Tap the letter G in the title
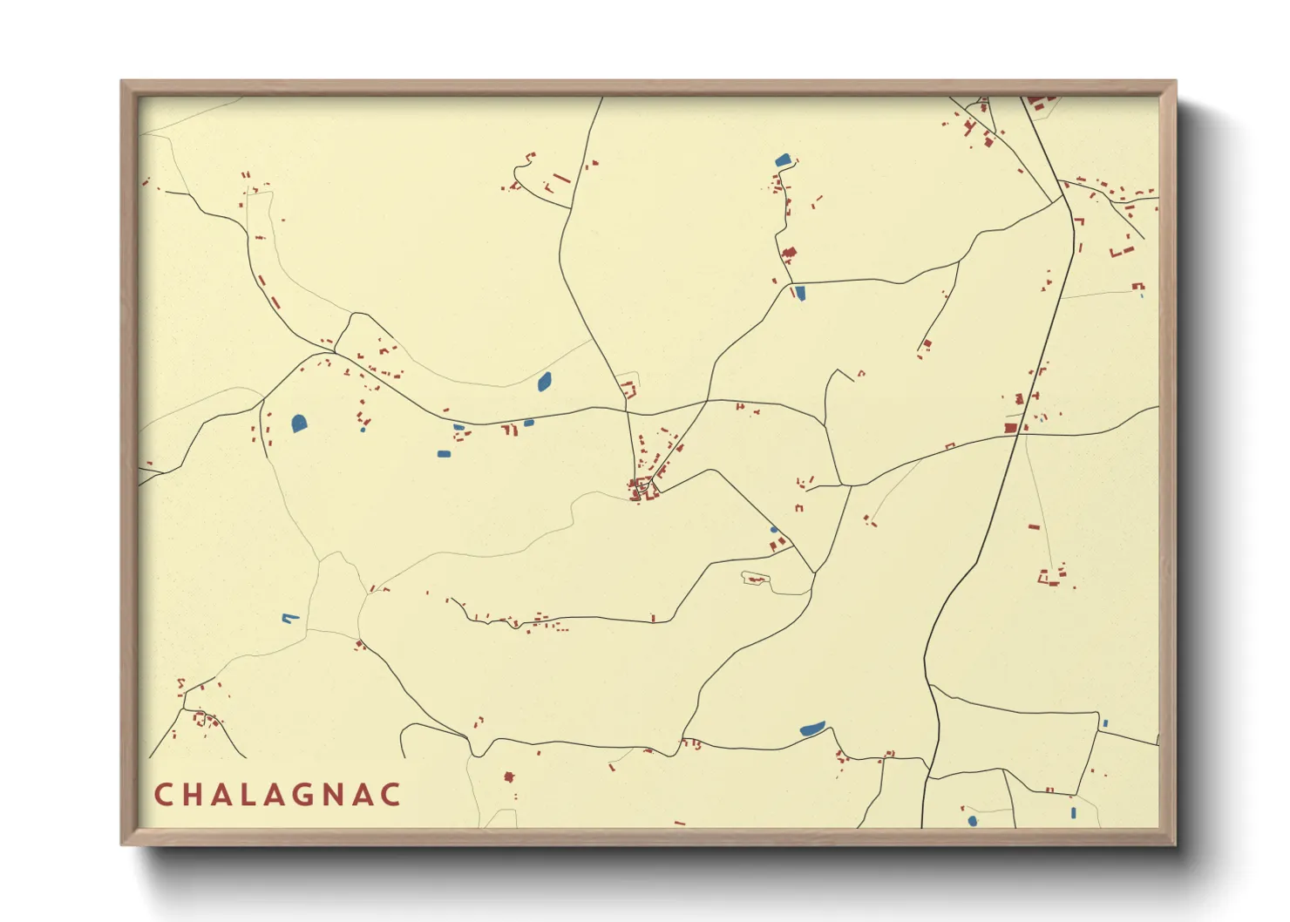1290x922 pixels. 307,795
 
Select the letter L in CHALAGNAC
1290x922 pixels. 250,795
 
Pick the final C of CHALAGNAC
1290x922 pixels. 391,795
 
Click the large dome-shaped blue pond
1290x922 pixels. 299,424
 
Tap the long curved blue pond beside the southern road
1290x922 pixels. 812,728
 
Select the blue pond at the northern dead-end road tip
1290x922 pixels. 783,159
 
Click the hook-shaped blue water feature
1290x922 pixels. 289,618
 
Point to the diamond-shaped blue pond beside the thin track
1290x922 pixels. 545,381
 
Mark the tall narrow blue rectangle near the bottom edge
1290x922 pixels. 1074,813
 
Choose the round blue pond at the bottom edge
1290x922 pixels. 973,821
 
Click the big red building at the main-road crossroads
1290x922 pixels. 1011,428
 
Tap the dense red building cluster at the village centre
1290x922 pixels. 642,489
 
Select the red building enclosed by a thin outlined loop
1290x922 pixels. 755,579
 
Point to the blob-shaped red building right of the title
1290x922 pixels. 509,776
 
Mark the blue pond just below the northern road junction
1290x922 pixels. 800,293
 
